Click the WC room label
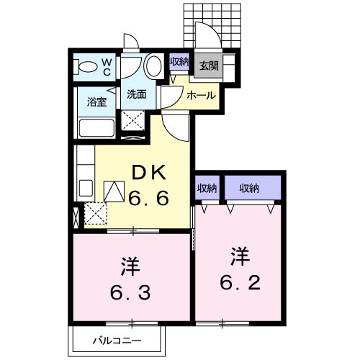tap(105, 67)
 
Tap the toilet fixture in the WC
tap(85, 68)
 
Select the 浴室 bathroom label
tap(97, 102)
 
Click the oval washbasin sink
tap(153, 67)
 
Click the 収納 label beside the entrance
tap(179, 62)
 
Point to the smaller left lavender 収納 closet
tap(207, 189)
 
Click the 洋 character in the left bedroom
tap(130, 265)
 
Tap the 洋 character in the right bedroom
tap(240, 254)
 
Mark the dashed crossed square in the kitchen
tap(95, 214)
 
